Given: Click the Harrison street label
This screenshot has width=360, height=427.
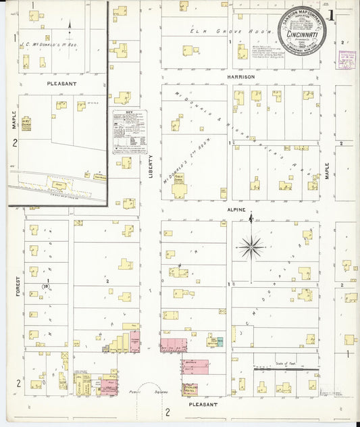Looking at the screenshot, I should pyautogui.click(x=241, y=77).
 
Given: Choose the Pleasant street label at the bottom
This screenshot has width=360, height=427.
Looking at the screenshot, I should pyautogui.click(x=203, y=404).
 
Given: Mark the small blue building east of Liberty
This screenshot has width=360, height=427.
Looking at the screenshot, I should pyautogui.click(x=219, y=341).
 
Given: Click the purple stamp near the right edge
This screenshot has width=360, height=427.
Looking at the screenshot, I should pyautogui.click(x=346, y=60).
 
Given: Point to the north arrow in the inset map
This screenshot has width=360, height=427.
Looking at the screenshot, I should pyautogui.click(x=70, y=28).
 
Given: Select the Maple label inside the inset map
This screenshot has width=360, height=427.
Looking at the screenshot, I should pyautogui.click(x=13, y=120).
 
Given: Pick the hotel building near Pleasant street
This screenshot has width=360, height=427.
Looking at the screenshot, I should pyautogui.click(x=191, y=389).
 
